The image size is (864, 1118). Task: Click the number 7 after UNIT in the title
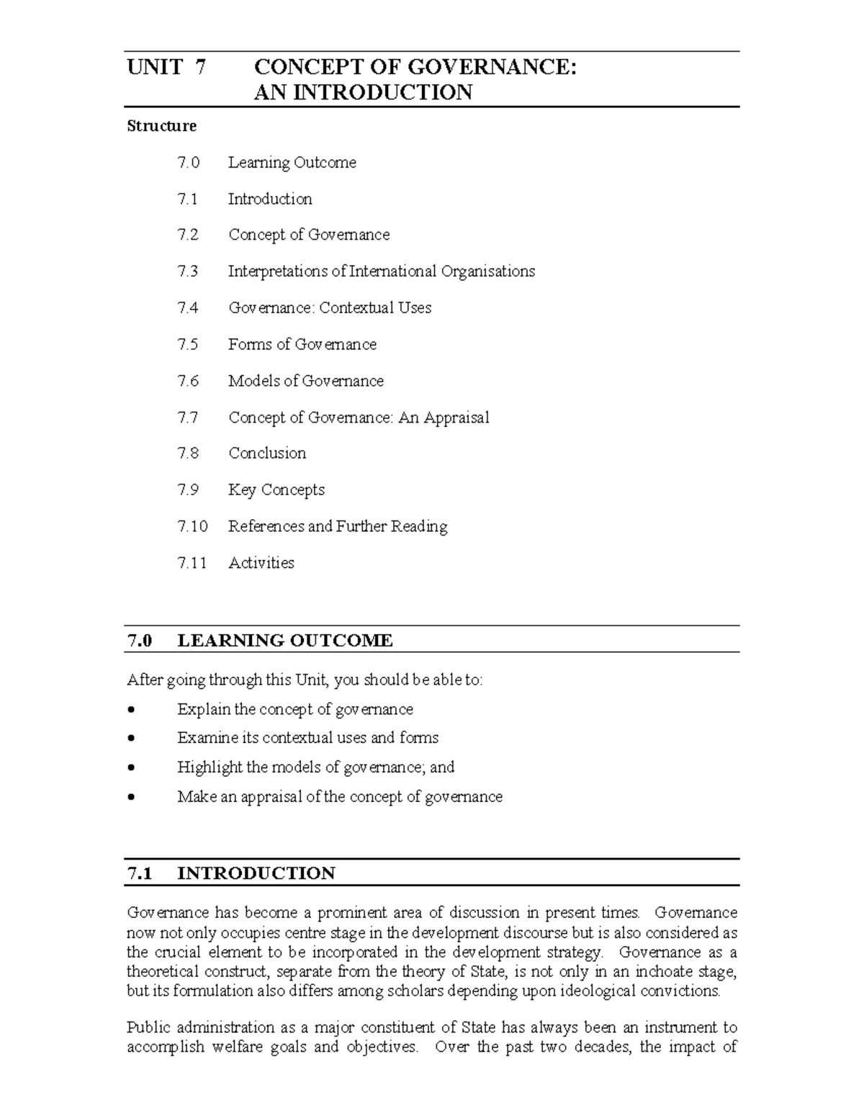coord(200,68)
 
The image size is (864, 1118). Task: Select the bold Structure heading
coord(161,126)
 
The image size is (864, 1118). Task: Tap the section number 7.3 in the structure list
coord(187,271)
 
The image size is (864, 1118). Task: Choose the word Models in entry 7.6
coord(253,381)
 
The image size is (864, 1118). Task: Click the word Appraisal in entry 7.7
coord(456,418)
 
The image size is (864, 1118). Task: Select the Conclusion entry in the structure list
coord(267,454)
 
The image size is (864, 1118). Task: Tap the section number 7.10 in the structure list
coord(192,526)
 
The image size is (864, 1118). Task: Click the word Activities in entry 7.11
coord(261,563)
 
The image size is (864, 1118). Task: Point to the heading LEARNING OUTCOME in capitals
coord(285,641)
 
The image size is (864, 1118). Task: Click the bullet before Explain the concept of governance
coord(130,710)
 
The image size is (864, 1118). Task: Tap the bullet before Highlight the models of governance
coord(130,768)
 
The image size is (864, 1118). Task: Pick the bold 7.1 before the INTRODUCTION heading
coord(140,873)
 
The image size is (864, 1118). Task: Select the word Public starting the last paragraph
coord(148,1027)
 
